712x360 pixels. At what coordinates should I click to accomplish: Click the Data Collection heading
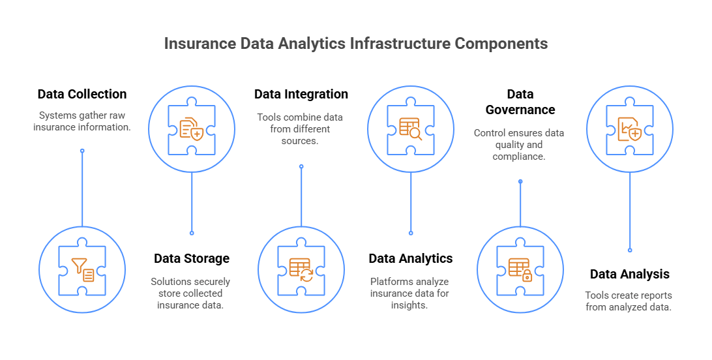82,94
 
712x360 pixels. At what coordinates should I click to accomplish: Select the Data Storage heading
192,258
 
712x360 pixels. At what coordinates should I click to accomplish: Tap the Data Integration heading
301,94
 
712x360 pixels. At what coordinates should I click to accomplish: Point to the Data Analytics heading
411,258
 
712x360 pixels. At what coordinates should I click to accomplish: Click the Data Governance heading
520,102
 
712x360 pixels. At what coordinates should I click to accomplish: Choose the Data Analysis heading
630,274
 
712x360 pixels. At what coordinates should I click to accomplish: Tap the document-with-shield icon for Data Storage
192,128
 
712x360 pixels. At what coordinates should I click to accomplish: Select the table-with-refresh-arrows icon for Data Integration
301,270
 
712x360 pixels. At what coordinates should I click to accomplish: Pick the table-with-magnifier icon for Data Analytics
411,128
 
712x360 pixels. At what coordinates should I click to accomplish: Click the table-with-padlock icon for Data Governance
520,270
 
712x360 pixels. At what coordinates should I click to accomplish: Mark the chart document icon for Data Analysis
630,128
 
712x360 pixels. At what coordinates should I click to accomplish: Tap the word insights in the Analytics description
409,305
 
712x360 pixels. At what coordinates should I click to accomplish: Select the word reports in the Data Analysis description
655,295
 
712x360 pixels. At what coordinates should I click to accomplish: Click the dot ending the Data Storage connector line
192,233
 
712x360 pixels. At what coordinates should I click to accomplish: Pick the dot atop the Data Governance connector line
520,181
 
